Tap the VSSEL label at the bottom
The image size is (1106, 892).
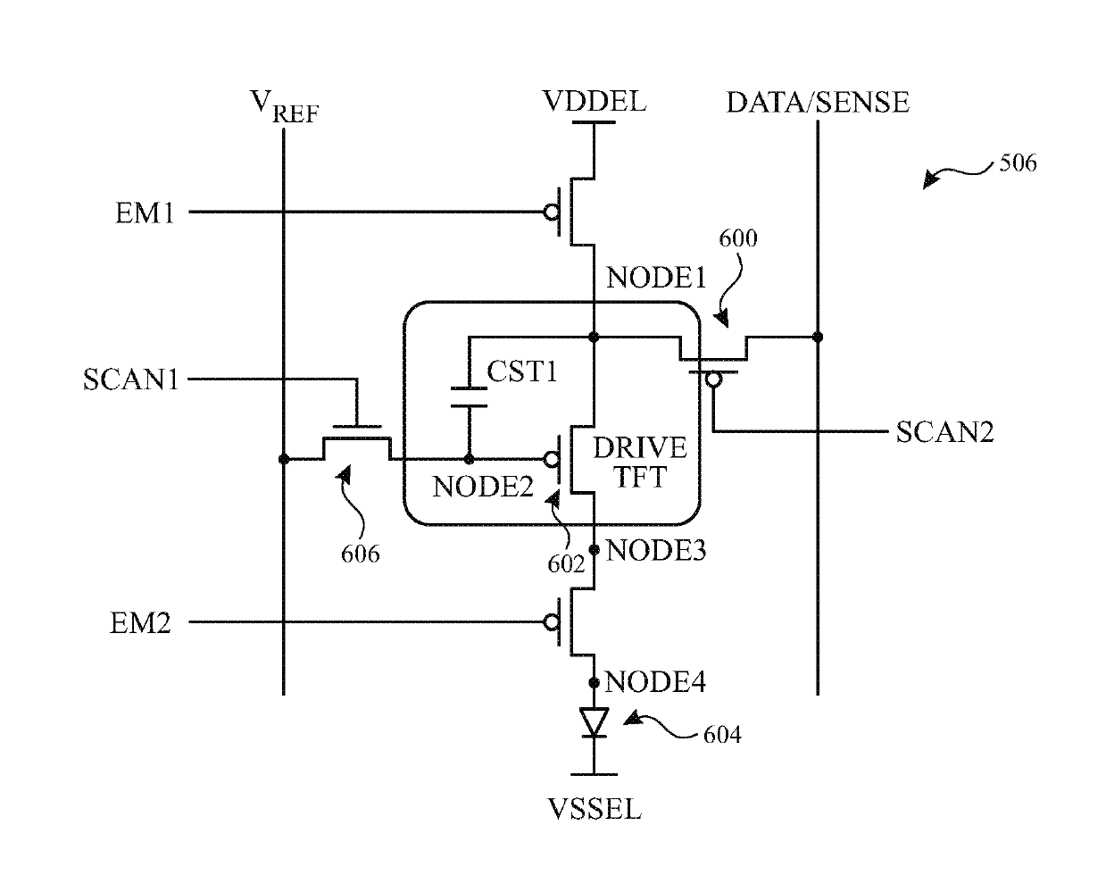click(x=595, y=809)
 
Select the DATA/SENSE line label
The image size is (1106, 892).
click(x=818, y=102)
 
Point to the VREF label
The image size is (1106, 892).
click(x=284, y=106)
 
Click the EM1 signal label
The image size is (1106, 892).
click(x=145, y=213)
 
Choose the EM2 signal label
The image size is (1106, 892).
click(x=140, y=623)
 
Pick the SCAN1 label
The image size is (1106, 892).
click(x=131, y=380)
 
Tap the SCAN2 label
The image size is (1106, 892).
click(x=944, y=432)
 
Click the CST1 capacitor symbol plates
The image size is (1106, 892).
click(x=469, y=397)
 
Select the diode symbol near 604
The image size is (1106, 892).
click(x=595, y=722)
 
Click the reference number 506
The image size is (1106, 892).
click(x=1018, y=163)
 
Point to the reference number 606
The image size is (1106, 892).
click(x=361, y=554)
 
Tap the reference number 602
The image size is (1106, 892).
click(x=566, y=564)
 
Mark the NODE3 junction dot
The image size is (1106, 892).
click(x=595, y=550)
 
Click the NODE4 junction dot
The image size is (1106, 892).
click(x=595, y=683)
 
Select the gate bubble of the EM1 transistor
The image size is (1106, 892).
click(x=552, y=212)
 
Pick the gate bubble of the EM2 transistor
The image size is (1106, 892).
click(x=552, y=622)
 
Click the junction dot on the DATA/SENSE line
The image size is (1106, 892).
click(x=818, y=338)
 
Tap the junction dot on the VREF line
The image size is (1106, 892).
click(x=284, y=459)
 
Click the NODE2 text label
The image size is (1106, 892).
click(x=483, y=487)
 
